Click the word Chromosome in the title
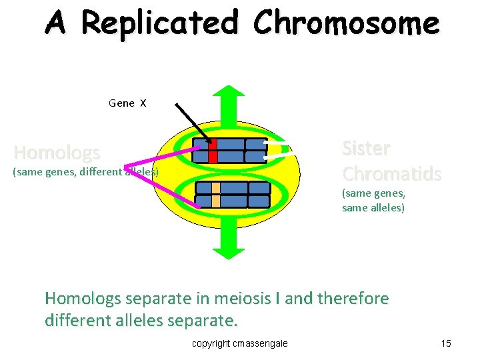346,24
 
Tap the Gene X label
127,103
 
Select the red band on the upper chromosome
213,151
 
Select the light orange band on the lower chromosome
215,194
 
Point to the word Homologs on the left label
57,153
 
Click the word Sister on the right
366,148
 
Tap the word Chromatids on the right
391,174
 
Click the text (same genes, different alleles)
85,172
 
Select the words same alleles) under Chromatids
373,207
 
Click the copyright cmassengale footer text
240,343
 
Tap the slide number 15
446,343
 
